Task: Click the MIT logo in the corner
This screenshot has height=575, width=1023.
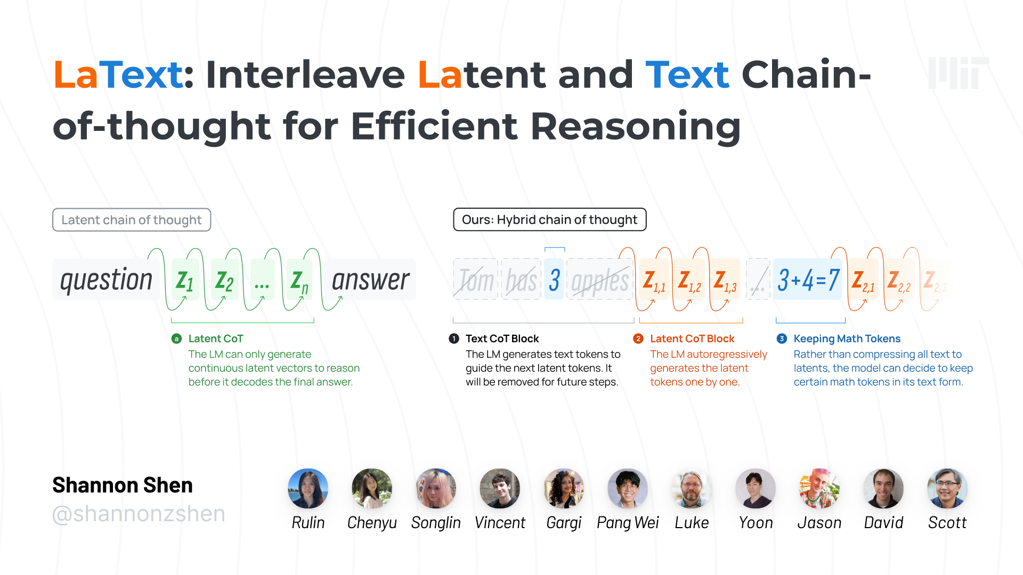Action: pos(958,73)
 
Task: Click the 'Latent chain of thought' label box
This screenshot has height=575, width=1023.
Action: pos(132,220)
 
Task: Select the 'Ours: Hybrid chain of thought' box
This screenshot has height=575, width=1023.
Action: pos(549,219)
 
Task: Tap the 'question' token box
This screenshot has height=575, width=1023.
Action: pos(106,280)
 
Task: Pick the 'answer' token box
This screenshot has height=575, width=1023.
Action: pos(371,280)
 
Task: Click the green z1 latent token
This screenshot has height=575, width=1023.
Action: pos(185,280)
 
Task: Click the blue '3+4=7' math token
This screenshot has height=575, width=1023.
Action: pos(808,280)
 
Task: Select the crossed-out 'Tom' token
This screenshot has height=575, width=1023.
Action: pos(476,280)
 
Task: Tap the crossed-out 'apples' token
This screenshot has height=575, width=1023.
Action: pos(600,280)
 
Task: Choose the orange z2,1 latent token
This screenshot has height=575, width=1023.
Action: pos(863,280)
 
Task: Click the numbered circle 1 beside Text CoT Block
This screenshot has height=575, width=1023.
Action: pos(454,339)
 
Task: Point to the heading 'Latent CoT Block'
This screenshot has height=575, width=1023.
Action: pos(692,339)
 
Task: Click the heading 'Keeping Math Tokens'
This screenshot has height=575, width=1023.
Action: pos(847,339)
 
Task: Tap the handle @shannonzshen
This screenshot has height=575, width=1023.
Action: pos(139,514)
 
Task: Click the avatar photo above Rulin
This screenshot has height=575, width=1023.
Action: pos(308,488)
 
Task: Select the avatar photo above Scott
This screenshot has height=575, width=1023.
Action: pos(947,488)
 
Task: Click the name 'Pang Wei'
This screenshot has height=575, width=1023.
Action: pos(628,523)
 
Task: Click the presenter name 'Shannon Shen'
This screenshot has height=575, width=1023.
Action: pos(123,485)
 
